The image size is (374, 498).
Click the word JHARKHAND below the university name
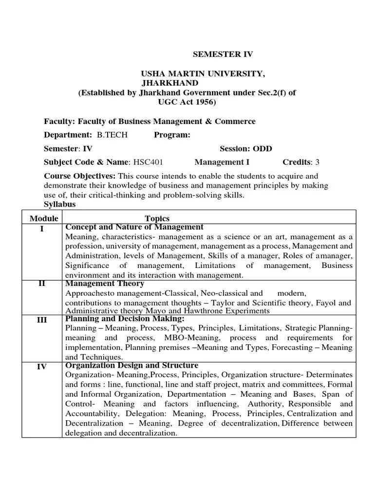[169, 83]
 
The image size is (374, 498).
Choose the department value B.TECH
[112, 135]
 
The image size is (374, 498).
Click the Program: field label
[172, 135]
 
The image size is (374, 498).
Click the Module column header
[44, 218]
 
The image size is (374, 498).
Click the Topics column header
[157, 218]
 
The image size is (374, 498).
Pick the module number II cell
[42, 284]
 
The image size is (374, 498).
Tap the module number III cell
[42, 320]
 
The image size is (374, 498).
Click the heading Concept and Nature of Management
[134, 227]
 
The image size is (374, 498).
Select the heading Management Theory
[105, 284]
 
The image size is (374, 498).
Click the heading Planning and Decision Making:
[125, 319]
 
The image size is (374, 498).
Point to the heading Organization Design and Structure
[131, 365]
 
